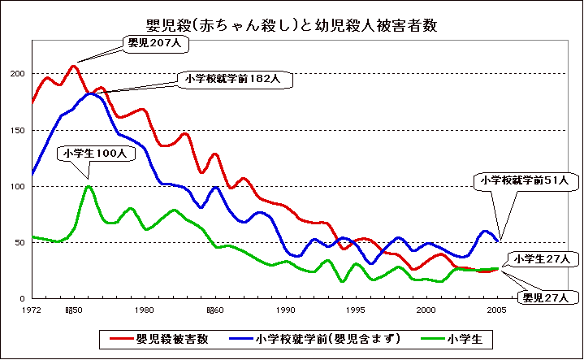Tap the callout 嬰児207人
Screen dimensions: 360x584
(x=154, y=42)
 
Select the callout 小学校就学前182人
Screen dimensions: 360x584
(x=231, y=80)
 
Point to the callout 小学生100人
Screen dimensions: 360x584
(x=93, y=153)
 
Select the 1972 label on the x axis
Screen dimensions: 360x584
(x=32, y=310)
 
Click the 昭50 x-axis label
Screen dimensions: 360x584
(x=74, y=310)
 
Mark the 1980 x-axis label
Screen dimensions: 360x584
(x=145, y=310)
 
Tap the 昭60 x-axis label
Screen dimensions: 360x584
(x=214, y=310)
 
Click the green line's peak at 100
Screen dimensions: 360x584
(x=88, y=186)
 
